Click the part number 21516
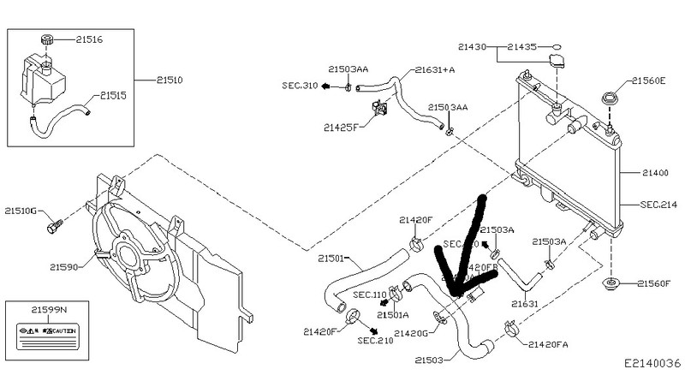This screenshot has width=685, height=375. coord(89,39)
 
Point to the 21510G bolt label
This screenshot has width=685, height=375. coord(21,210)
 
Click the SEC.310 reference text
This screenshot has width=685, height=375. coord(300,86)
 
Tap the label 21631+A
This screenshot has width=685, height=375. coord(436,69)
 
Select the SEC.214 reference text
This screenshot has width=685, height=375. coord(658,205)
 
